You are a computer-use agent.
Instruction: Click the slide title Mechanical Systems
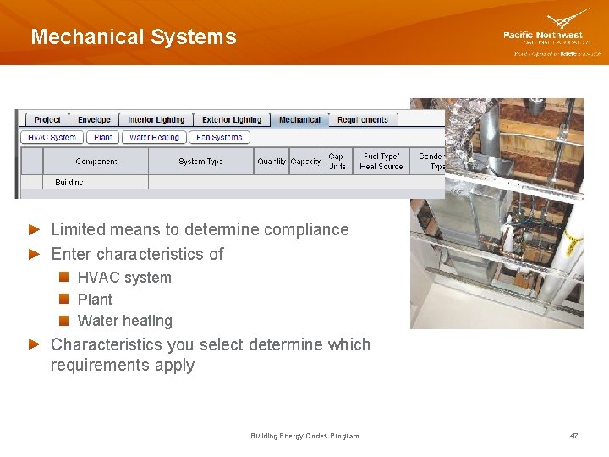click(134, 37)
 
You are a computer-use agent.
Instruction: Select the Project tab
click(47, 120)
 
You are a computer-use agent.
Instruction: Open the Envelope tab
click(94, 120)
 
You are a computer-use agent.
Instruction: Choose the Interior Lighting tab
click(156, 120)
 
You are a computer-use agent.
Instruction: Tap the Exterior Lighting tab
click(231, 120)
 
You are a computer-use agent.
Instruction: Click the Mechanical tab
click(299, 120)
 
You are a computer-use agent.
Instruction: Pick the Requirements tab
click(362, 120)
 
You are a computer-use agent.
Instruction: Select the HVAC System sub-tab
click(52, 137)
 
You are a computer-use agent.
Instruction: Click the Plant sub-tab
click(103, 137)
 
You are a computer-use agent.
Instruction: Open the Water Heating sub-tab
click(154, 137)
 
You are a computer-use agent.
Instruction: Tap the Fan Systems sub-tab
click(219, 137)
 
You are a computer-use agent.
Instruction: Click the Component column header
click(96, 162)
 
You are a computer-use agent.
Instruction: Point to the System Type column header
click(200, 162)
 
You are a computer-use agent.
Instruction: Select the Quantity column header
click(272, 162)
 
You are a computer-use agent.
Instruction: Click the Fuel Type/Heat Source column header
click(381, 161)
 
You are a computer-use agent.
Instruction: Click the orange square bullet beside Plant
click(64, 299)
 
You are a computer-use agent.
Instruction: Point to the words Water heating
click(124, 321)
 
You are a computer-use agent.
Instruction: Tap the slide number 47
click(574, 436)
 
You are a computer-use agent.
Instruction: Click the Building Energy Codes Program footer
click(304, 436)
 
